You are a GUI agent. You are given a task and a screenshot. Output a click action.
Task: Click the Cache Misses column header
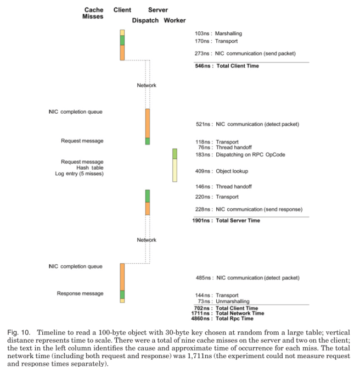(x=93, y=13)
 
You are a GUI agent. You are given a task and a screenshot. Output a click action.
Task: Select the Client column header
(x=122, y=10)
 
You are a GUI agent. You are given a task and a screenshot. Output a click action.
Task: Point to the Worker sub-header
(x=175, y=20)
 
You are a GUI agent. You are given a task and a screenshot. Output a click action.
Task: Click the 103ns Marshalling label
(x=218, y=34)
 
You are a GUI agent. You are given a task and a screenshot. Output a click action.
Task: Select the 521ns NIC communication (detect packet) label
(x=247, y=124)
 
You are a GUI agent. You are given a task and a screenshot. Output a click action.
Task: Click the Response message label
(x=80, y=293)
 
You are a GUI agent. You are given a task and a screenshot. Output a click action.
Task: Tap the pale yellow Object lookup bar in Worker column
(x=175, y=170)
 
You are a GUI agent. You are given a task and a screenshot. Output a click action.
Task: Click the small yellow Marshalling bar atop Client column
(x=122, y=32)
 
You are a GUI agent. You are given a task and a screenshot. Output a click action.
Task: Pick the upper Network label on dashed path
(x=147, y=85)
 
